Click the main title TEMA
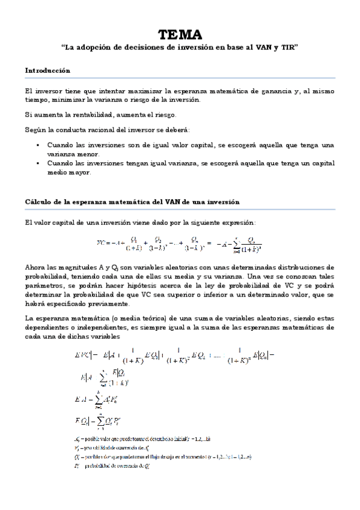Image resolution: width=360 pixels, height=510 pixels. click(x=180, y=34)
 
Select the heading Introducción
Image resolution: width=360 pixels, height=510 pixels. click(x=47, y=70)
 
